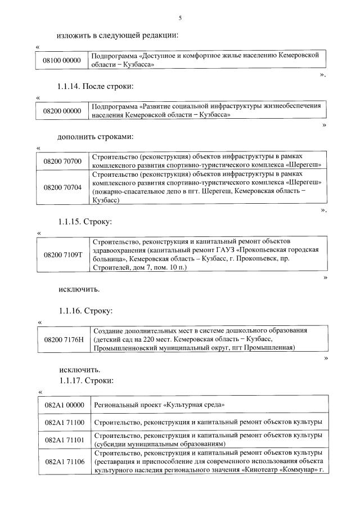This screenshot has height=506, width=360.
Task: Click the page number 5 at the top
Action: [x=180, y=19]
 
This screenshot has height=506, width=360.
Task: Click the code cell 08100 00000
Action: [x=62, y=60]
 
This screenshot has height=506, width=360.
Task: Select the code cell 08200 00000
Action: [x=62, y=111]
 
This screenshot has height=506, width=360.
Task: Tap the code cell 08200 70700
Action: [x=62, y=161]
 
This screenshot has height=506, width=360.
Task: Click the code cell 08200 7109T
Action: [x=62, y=254]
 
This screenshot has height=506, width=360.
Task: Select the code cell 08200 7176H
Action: [x=62, y=339]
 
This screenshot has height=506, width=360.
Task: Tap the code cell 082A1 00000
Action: [x=64, y=405]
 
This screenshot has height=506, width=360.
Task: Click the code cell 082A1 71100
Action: [x=64, y=422]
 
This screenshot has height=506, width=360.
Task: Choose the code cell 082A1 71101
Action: [x=64, y=440]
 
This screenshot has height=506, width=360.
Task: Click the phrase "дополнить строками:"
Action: [x=94, y=137]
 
